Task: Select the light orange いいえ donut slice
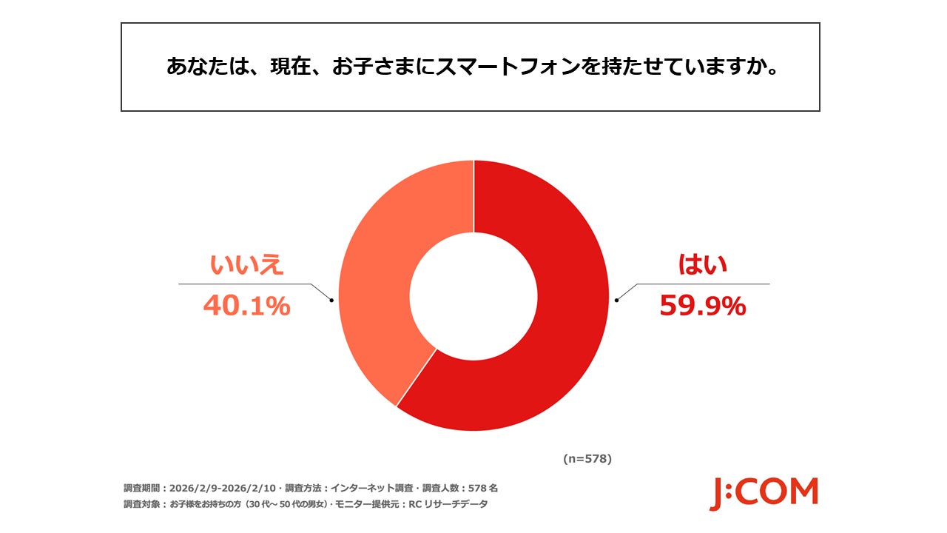click(x=377, y=281)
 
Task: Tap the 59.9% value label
click(x=702, y=306)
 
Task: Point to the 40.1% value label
click(x=246, y=306)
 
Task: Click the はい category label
click(x=702, y=265)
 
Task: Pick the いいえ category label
click(x=246, y=265)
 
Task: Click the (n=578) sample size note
click(x=587, y=459)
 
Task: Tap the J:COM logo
click(x=764, y=494)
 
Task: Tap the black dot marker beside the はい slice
click(x=616, y=300)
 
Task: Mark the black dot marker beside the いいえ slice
click(x=331, y=300)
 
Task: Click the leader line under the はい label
click(x=703, y=284)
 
